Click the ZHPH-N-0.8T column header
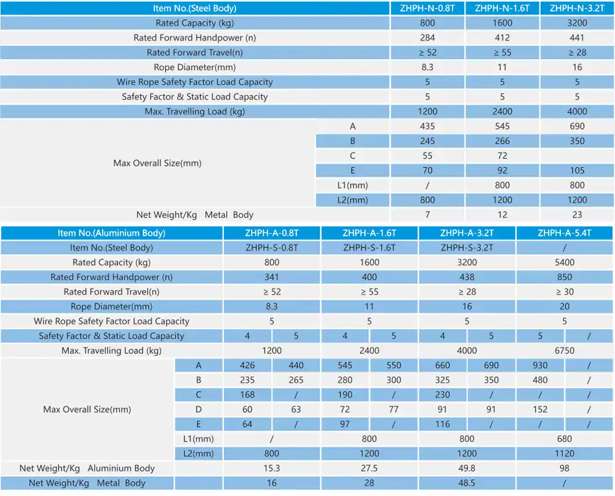coord(427,8)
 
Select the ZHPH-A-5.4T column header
coord(565,233)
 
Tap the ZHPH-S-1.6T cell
coord(369,247)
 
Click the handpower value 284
coord(427,38)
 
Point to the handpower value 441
coord(577,38)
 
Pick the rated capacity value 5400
coord(565,262)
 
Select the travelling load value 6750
coord(565,351)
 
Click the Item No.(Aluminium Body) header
coord(111,233)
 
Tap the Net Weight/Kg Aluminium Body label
coord(87,468)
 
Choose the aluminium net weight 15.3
coord(271,468)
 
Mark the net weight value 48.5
coord(467,483)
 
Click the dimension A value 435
coord(427,126)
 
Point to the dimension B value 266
coord(502,141)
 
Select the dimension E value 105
coord(577,170)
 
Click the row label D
coord(199,409)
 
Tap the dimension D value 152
coord(540,409)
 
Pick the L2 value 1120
coord(565,454)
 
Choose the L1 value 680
coord(565,439)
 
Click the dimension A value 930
coord(540,365)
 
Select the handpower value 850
coord(565,277)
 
